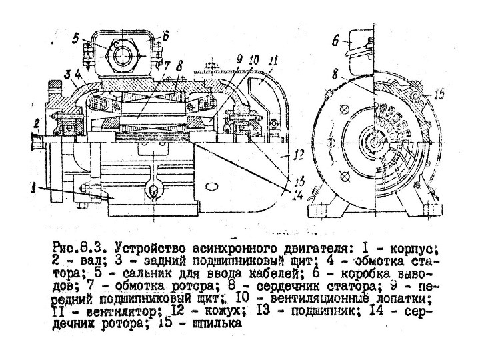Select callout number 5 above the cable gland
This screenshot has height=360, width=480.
tap(77, 37)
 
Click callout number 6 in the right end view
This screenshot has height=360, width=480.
tap(337, 41)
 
